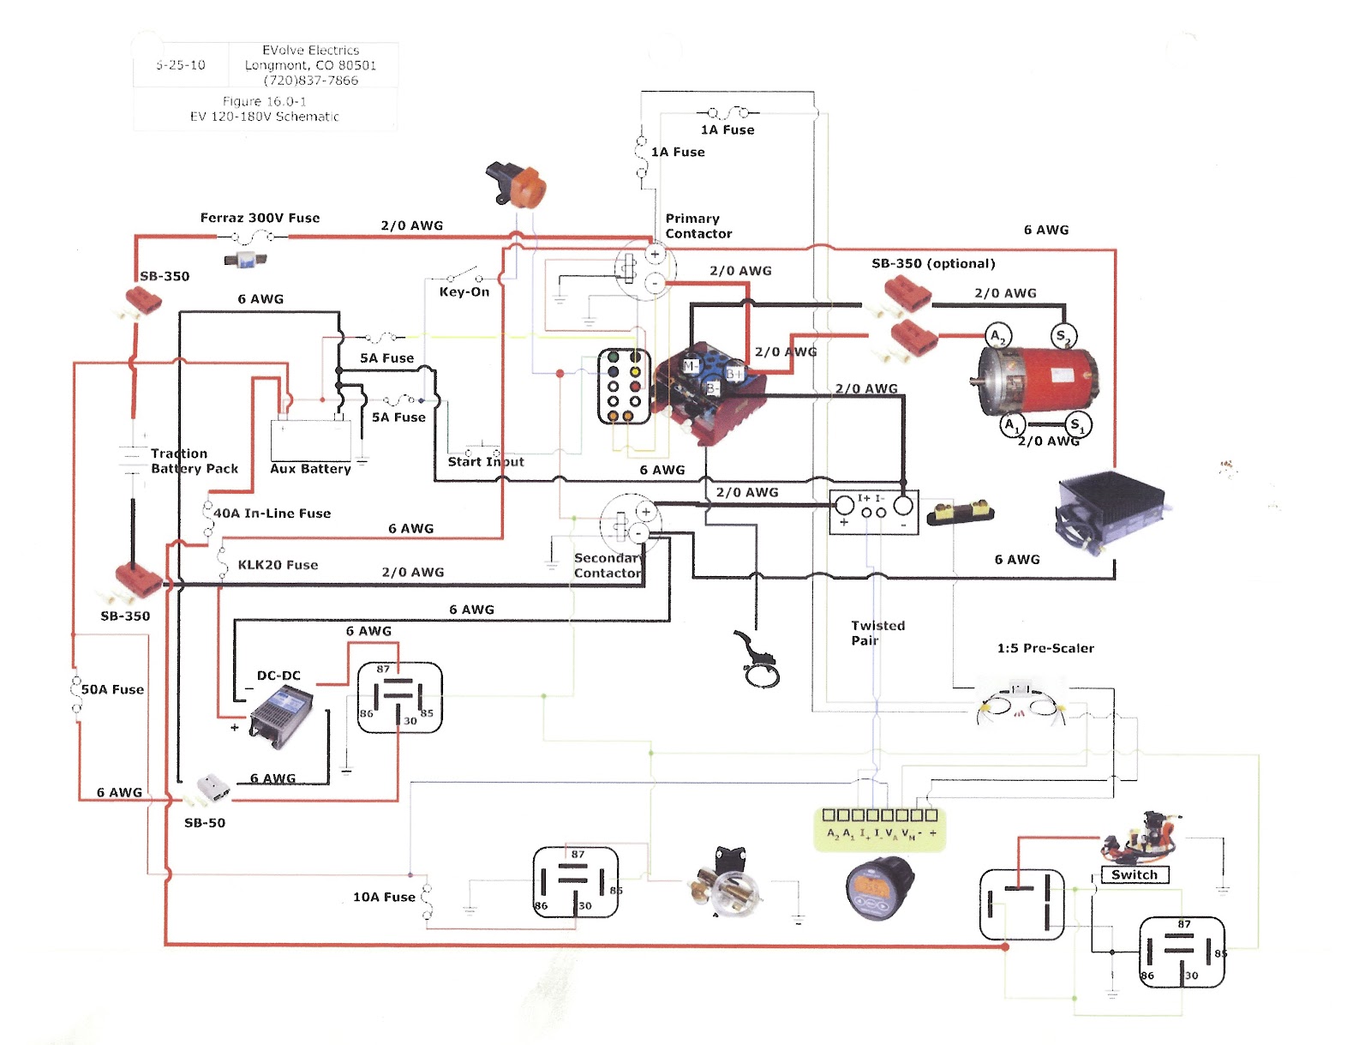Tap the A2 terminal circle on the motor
997,336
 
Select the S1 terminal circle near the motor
1077,423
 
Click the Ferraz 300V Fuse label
260,219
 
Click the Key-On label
464,292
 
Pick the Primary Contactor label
698,226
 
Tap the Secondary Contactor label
607,566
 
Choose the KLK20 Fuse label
278,566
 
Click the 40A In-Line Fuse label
272,513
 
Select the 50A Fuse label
112,690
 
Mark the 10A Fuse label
384,898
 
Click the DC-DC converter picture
281,711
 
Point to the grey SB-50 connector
211,789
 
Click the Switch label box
1135,875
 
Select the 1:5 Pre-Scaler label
1045,649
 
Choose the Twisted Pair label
877,633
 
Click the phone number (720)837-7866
311,81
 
